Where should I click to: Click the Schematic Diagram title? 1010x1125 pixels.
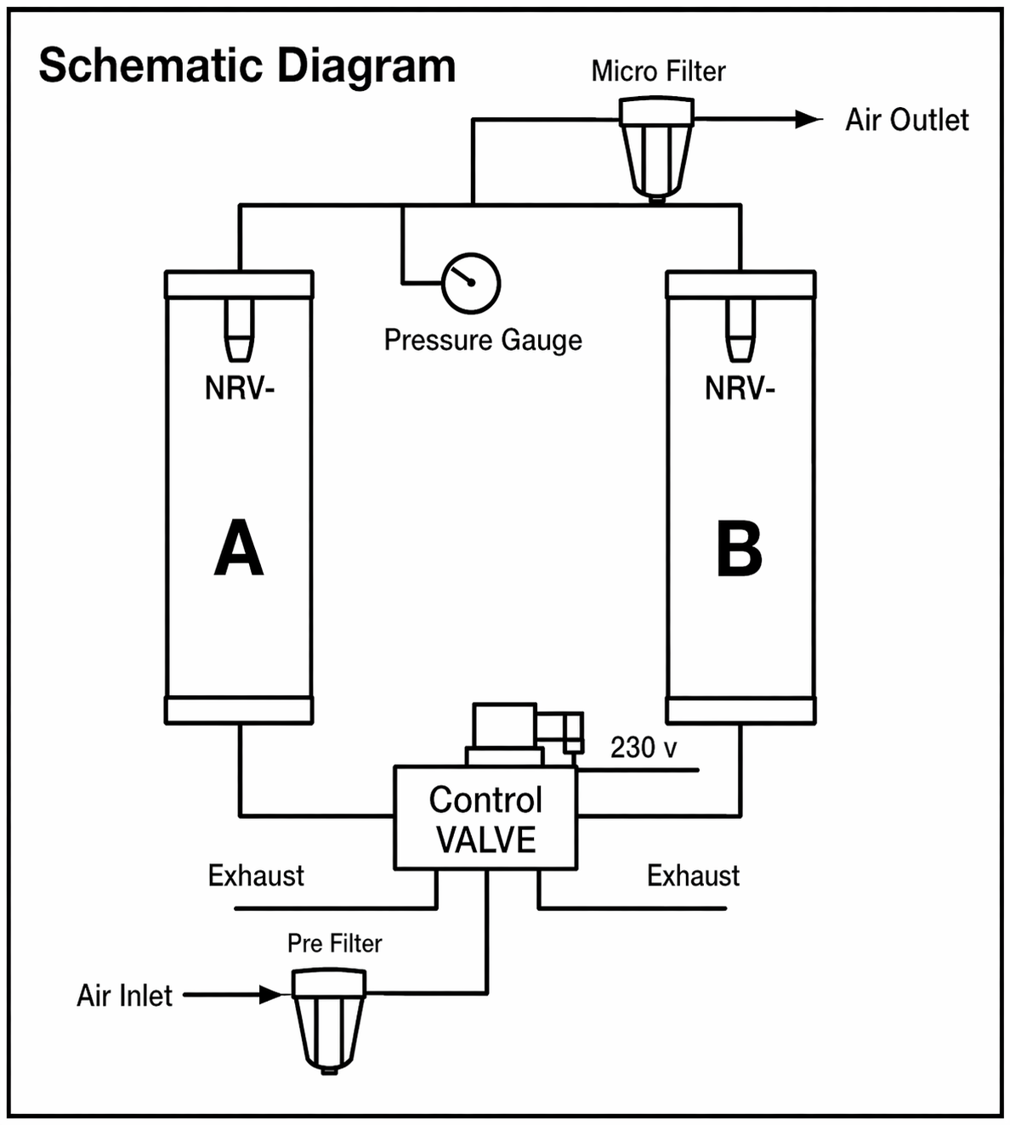tap(247, 66)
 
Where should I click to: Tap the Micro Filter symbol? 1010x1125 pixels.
tap(656, 150)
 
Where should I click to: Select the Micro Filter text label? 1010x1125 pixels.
tap(658, 71)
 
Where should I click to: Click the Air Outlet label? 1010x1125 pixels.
tap(906, 121)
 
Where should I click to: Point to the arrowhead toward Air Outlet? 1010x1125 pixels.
tap(808, 120)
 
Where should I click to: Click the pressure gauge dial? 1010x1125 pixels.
tap(470, 283)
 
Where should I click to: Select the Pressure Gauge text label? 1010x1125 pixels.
tap(483, 340)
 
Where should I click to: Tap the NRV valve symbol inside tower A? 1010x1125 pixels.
tap(239, 331)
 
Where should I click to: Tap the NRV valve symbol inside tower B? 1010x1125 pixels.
tap(740, 331)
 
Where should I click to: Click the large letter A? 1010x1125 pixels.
tap(239, 549)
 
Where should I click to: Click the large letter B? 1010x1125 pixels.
tap(739, 549)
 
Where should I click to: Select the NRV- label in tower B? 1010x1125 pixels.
tap(740, 389)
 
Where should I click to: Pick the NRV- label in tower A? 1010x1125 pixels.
tap(240, 389)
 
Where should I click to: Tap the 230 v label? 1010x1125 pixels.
tap(644, 748)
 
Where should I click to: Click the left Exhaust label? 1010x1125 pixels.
tap(256, 876)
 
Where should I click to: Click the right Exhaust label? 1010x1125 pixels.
tap(693, 876)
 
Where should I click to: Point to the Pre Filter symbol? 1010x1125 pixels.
tap(328, 1020)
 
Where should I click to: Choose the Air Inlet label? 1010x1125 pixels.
tap(124, 996)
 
